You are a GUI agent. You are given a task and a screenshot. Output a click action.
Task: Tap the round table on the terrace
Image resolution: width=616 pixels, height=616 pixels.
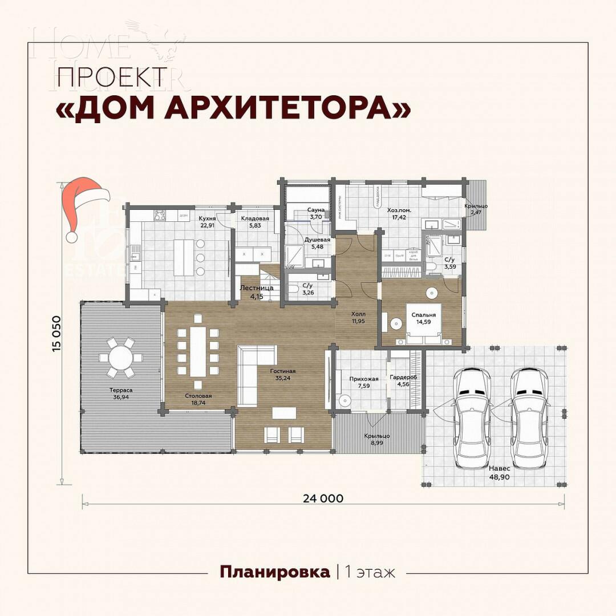121,358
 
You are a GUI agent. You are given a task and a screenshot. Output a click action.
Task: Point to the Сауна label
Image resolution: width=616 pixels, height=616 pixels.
315,210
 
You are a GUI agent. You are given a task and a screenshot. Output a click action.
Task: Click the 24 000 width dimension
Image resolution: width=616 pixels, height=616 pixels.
323,498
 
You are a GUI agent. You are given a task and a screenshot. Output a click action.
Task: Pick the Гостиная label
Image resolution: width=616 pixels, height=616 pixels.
283,371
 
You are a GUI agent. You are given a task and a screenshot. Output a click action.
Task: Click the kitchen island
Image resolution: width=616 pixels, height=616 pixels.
183,257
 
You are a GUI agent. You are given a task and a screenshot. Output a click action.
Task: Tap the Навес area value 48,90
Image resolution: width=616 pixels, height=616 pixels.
499,477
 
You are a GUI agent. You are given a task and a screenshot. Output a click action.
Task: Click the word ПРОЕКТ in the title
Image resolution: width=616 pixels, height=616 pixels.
112,76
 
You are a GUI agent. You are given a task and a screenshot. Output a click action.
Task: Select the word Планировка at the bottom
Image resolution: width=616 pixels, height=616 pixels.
275,572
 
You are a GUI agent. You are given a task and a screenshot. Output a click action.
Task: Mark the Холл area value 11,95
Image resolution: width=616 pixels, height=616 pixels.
358,322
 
